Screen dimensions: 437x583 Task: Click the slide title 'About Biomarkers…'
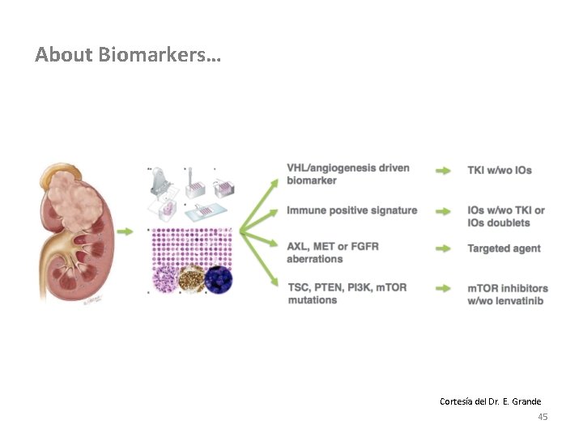click(127, 55)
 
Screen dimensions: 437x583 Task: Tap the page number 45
click(543, 417)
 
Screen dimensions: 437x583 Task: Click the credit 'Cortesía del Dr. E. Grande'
click(490, 401)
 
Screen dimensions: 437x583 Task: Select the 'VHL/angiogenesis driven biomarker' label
click(348, 174)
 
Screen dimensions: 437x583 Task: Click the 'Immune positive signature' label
click(352, 210)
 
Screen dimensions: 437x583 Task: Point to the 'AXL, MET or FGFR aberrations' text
click(333, 252)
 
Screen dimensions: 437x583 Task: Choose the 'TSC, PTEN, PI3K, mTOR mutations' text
click(347, 294)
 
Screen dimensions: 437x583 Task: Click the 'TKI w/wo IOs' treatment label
click(500, 170)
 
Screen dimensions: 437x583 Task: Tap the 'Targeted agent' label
click(504, 248)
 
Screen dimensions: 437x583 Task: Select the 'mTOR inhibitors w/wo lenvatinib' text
click(508, 295)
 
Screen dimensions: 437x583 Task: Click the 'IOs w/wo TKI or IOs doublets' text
click(506, 216)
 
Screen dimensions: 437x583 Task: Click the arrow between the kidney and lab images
click(126, 231)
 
